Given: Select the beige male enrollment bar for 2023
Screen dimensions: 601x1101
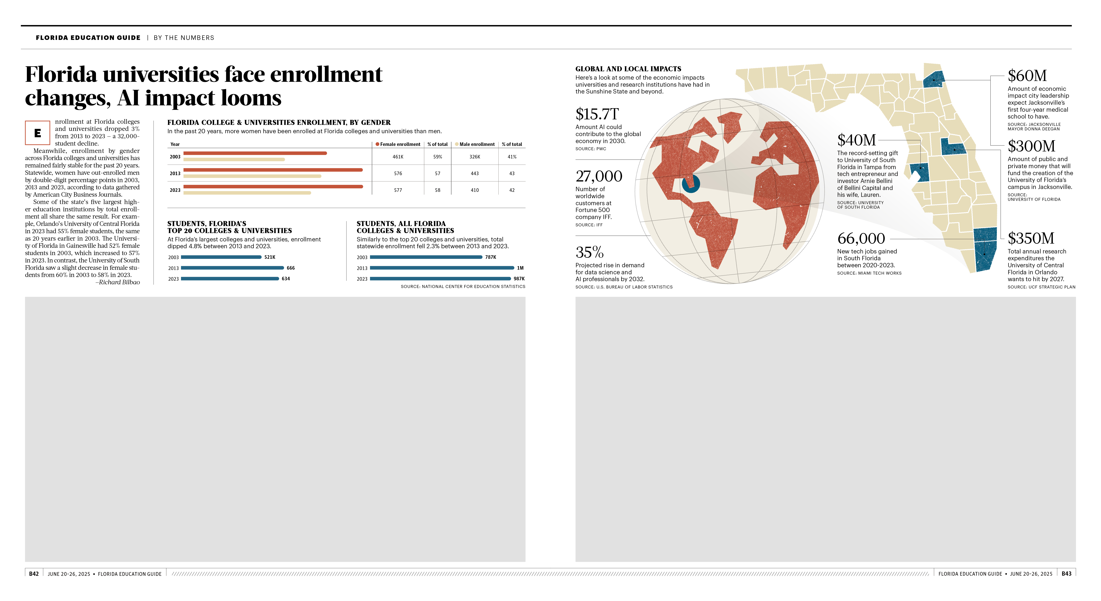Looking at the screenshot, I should tap(247, 193).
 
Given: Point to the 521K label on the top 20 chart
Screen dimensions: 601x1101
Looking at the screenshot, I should tap(270, 257).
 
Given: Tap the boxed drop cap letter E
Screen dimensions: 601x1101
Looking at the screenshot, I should tap(38, 133).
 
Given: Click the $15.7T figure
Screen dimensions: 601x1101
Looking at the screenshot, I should tap(597, 114).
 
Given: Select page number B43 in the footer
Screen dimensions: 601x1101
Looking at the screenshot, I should tap(1066, 574).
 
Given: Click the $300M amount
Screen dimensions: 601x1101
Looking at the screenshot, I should tap(1031, 146).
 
